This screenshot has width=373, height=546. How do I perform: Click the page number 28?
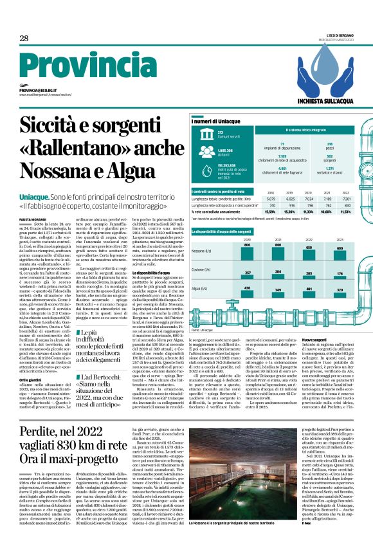pyautogui.click(x=24, y=38)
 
